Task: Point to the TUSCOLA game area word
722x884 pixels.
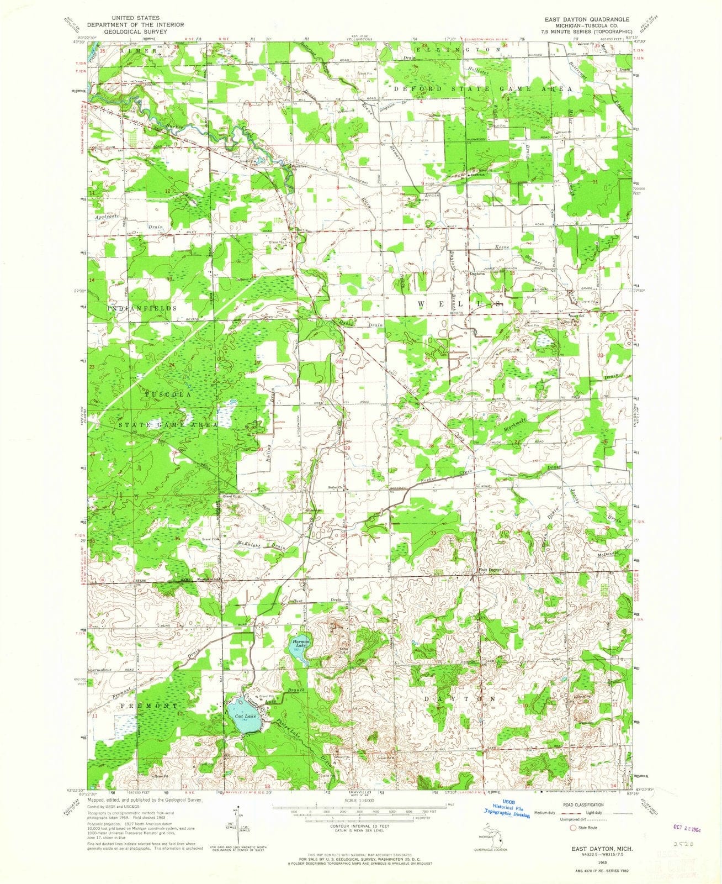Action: click(x=168, y=396)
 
